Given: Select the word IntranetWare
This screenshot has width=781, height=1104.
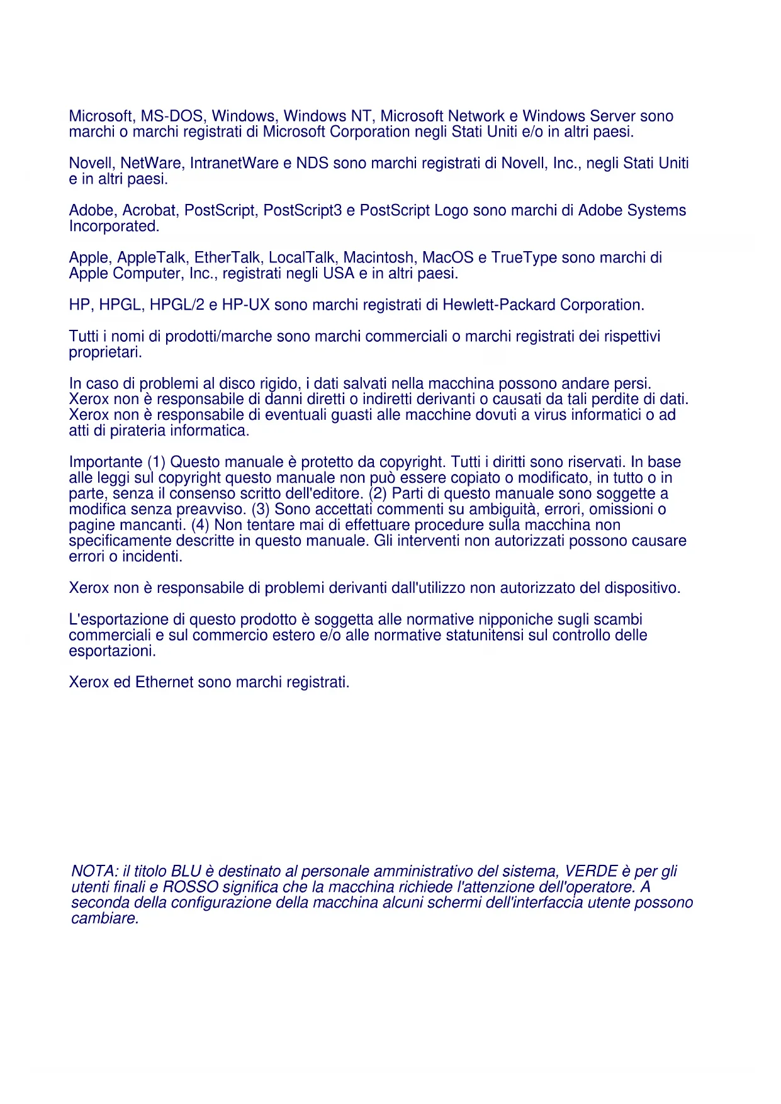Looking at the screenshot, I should (x=233, y=164).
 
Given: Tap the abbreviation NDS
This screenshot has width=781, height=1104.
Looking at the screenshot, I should (x=312, y=164).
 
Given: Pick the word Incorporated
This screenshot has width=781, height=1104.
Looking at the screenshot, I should (x=114, y=227).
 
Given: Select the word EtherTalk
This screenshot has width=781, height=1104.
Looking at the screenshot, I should (x=228, y=258).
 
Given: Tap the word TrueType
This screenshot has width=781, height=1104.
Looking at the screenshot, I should (x=524, y=258).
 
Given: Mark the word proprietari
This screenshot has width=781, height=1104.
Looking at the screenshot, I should (x=105, y=352).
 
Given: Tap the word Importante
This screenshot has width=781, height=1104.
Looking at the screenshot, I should (x=106, y=463).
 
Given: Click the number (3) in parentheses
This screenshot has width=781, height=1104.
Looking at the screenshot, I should (x=261, y=510).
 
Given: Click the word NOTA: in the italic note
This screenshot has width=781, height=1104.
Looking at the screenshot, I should (x=95, y=872).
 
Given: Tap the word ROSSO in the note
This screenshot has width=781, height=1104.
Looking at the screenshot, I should (x=190, y=887).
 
